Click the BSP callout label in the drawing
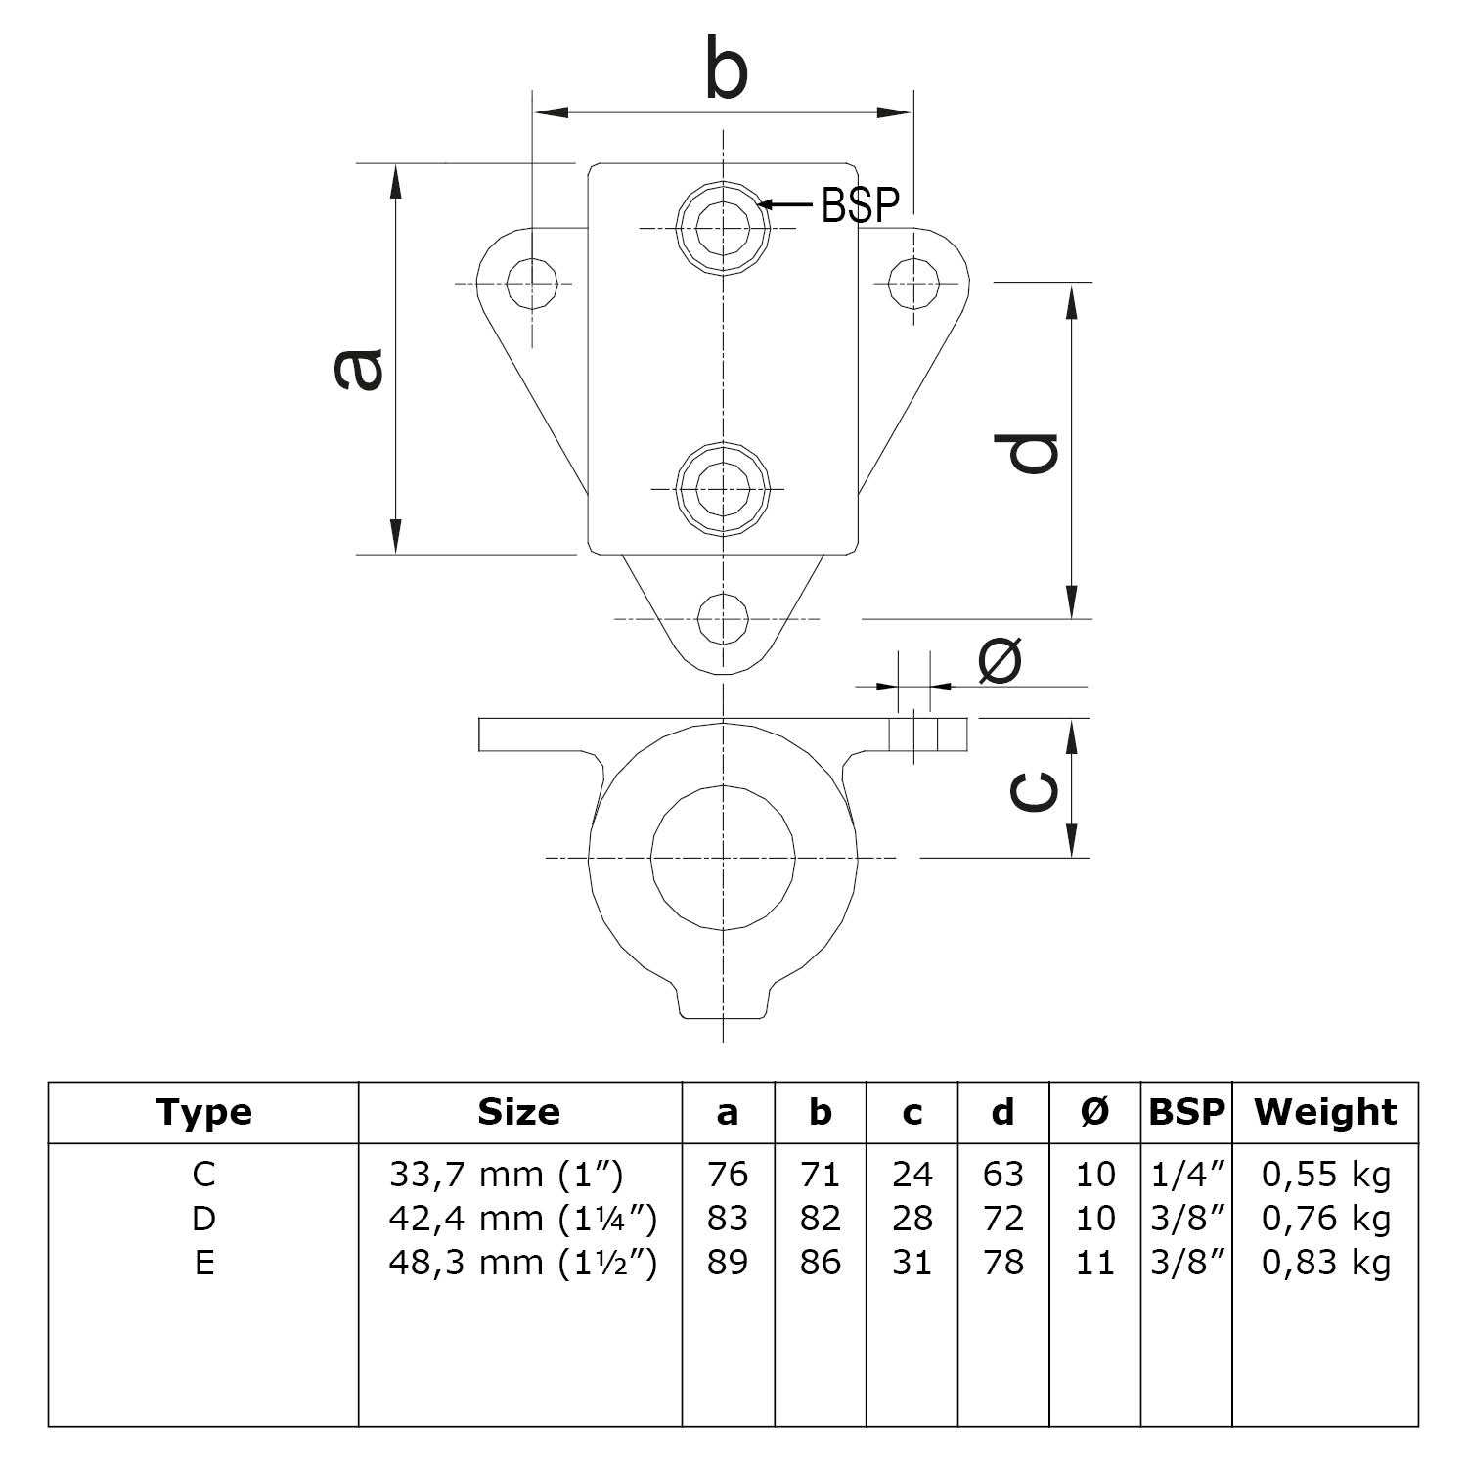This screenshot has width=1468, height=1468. (860, 204)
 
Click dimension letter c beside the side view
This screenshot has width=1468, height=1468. (1033, 790)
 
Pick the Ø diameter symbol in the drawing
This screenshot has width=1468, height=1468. (1000, 659)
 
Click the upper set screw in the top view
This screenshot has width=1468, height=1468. (724, 228)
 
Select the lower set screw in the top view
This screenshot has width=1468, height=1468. (724, 488)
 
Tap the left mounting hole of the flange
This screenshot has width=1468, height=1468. (533, 285)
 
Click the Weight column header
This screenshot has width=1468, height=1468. (1325, 1112)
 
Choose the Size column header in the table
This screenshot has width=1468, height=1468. (519, 1112)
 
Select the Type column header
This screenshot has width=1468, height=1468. (203, 1112)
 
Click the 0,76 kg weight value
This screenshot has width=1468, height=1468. (1325, 1219)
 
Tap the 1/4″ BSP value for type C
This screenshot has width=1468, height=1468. (1187, 1174)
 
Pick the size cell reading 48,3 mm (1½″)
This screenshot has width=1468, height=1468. (522, 1263)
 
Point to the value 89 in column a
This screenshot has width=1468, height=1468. (727, 1263)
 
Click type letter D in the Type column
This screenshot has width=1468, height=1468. (203, 1219)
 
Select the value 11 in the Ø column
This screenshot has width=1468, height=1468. (1094, 1263)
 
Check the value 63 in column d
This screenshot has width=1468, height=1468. (1003, 1174)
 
